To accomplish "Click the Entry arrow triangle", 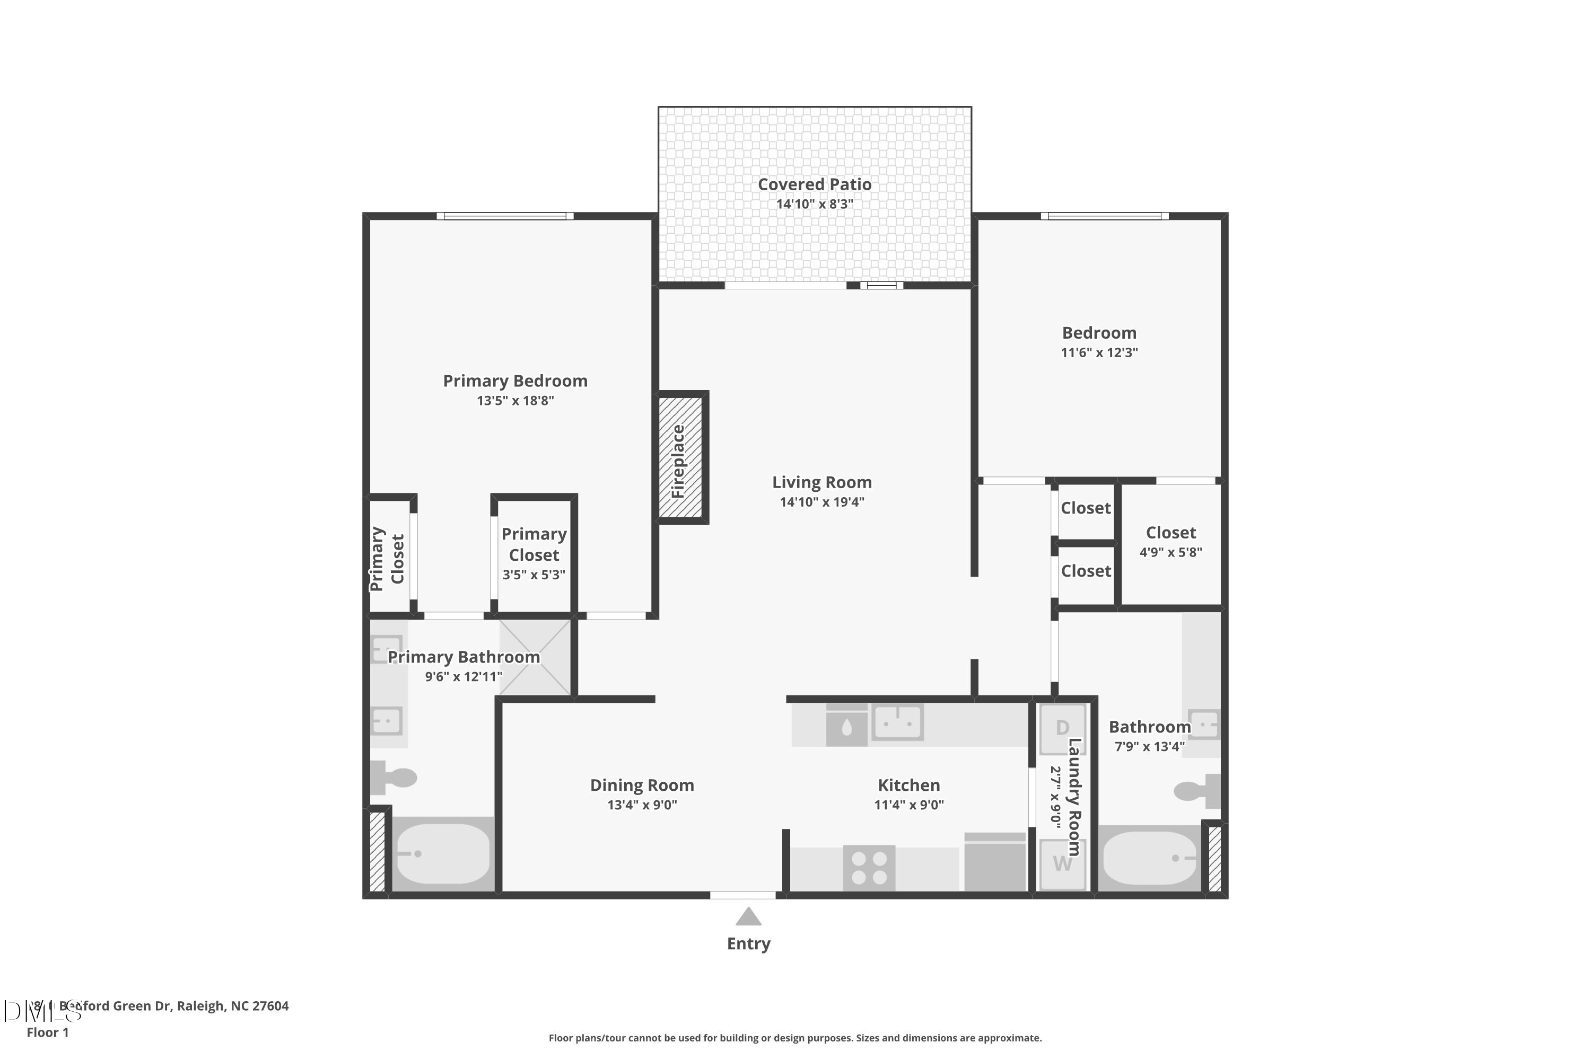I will pyautogui.click(x=748, y=917).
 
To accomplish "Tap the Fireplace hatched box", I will pyautogui.click(x=680, y=458).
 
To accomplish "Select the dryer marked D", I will pyautogui.click(x=1062, y=728).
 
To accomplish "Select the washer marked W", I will pyautogui.click(x=1062, y=864).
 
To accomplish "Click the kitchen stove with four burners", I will pyautogui.click(x=869, y=868).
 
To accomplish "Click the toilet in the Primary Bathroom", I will pyautogui.click(x=396, y=778).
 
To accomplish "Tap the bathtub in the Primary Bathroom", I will pyautogui.click(x=442, y=854).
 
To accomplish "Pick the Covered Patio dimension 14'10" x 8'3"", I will pyautogui.click(x=815, y=204).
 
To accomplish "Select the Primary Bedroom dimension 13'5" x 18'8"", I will pyautogui.click(x=515, y=400).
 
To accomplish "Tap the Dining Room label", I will pyautogui.click(x=642, y=785).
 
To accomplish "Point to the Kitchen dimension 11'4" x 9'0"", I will pyautogui.click(x=908, y=805).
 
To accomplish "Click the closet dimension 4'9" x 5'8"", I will pyautogui.click(x=1170, y=552).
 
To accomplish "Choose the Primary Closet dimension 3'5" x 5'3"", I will pyautogui.click(x=534, y=575).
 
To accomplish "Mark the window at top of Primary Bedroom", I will pyautogui.click(x=505, y=216).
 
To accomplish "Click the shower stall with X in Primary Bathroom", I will pyautogui.click(x=535, y=657).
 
